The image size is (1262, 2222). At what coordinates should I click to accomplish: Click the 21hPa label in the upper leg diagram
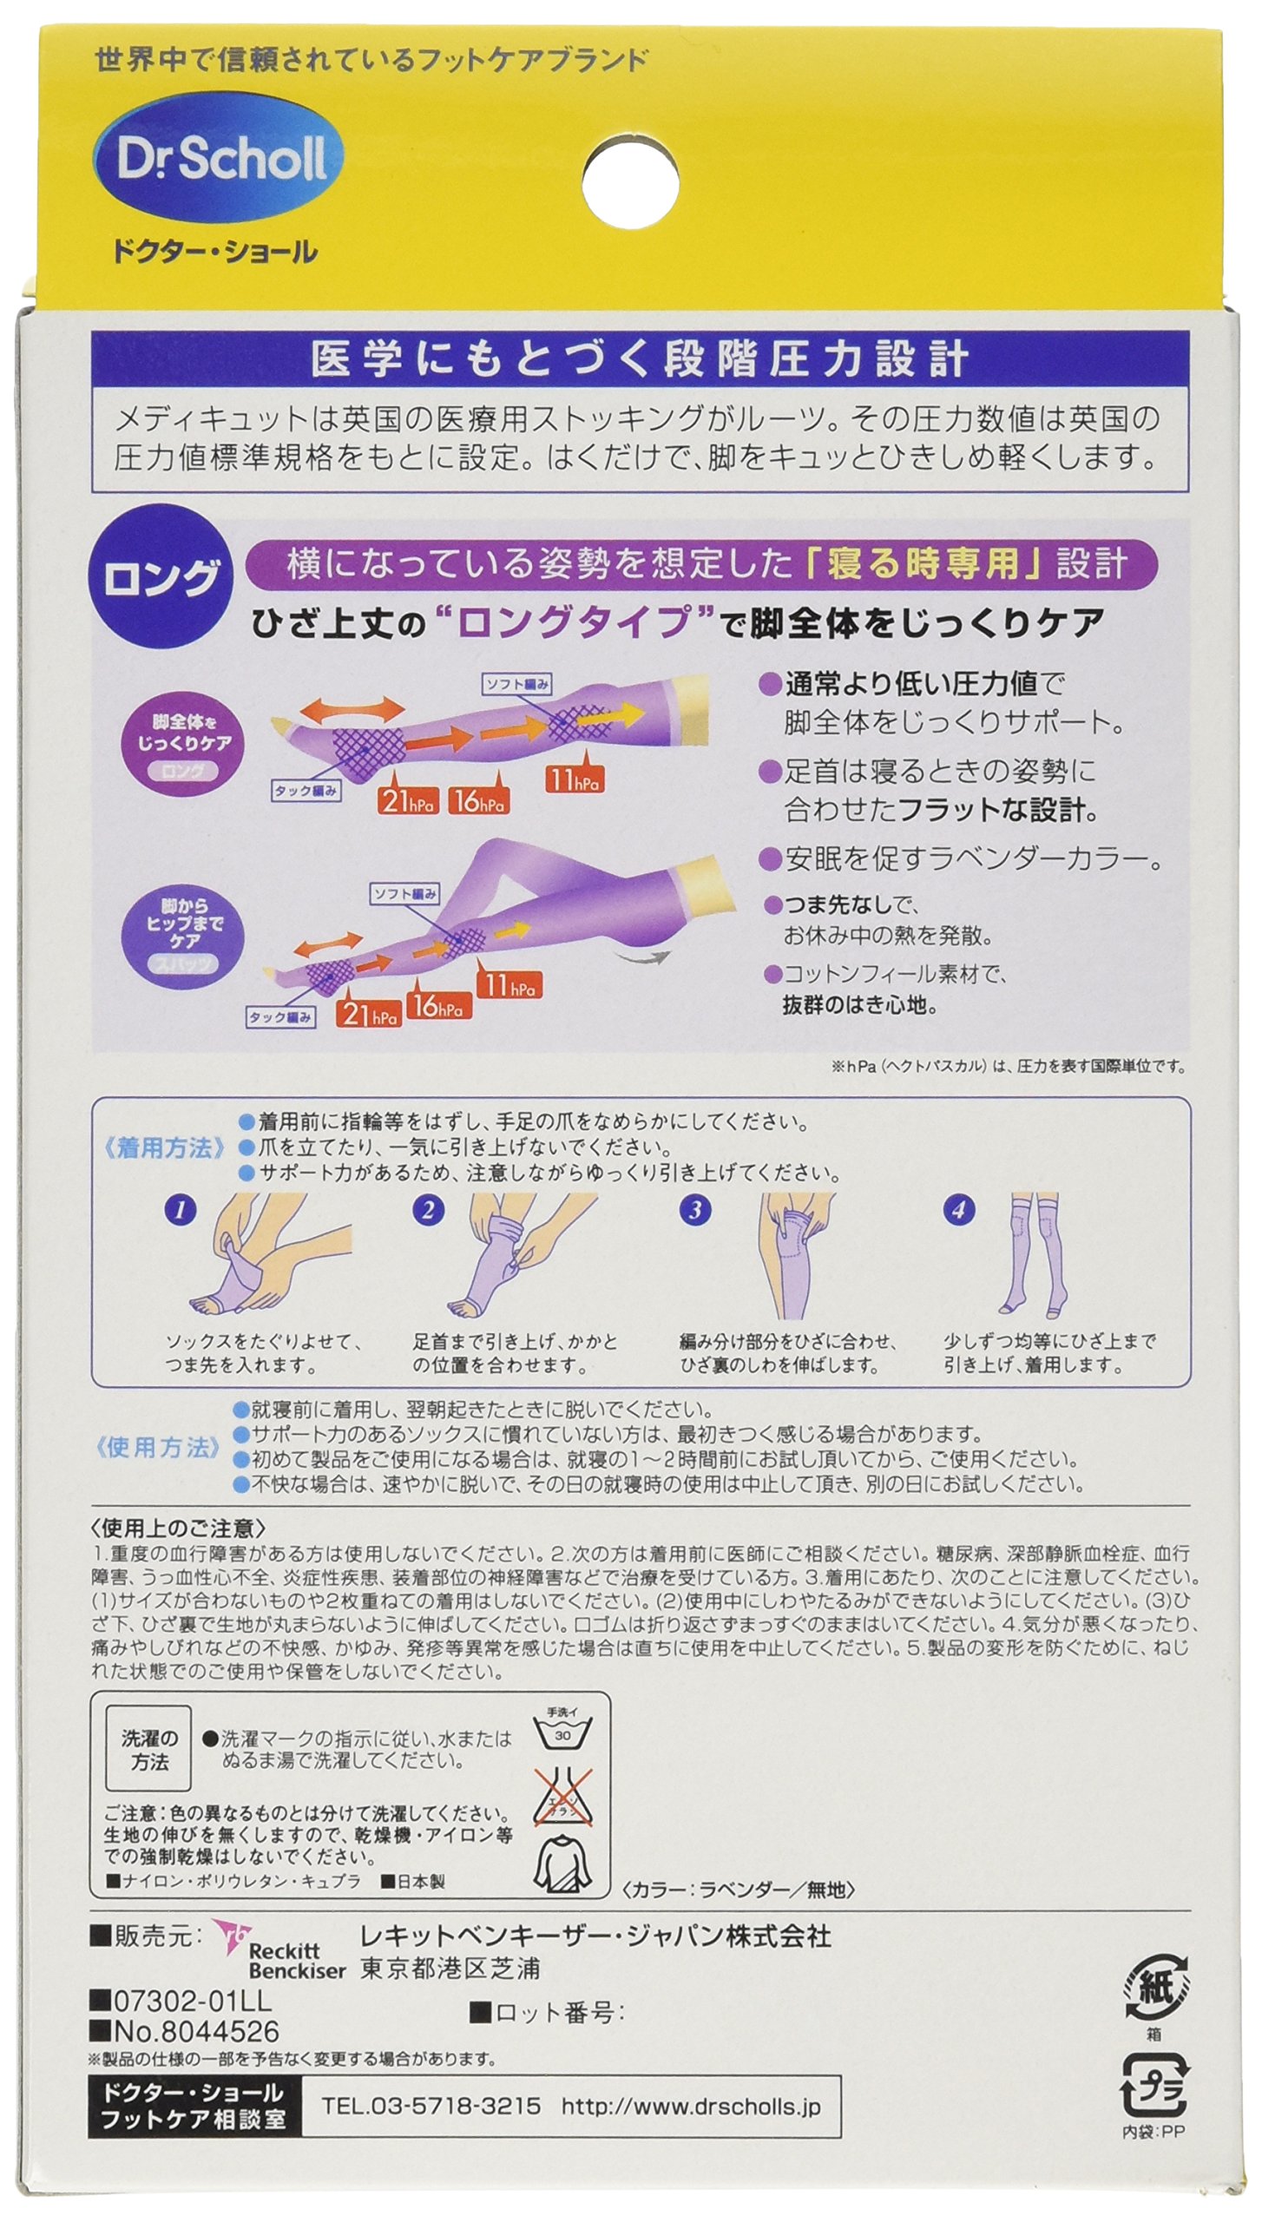(x=407, y=801)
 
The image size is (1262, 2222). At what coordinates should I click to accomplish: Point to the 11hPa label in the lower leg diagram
(x=509, y=986)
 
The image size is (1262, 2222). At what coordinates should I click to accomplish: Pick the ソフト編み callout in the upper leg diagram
(x=517, y=684)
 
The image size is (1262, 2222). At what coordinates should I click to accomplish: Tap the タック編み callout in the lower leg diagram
(x=279, y=1017)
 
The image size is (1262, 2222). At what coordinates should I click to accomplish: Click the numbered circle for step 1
(x=181, y=1210)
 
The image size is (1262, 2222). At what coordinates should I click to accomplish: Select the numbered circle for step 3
(x=694, y=1210)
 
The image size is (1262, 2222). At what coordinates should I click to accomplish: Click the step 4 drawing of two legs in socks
(x=1037, y=1254)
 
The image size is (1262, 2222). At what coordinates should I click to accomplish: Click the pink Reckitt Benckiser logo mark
(x=231, y=1939)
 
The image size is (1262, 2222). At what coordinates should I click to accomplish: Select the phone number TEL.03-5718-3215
(x=431, y=2106)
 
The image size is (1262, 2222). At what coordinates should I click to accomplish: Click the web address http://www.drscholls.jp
(x=690, y=2106)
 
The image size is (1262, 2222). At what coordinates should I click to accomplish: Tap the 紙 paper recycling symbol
(x=1154, y=1989)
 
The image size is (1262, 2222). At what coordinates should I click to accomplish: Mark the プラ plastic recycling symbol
(x=1154, y=2086)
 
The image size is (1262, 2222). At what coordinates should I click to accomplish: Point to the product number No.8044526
(x=186, y=2031)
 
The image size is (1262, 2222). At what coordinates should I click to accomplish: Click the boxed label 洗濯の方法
(x=149, y=1748)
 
